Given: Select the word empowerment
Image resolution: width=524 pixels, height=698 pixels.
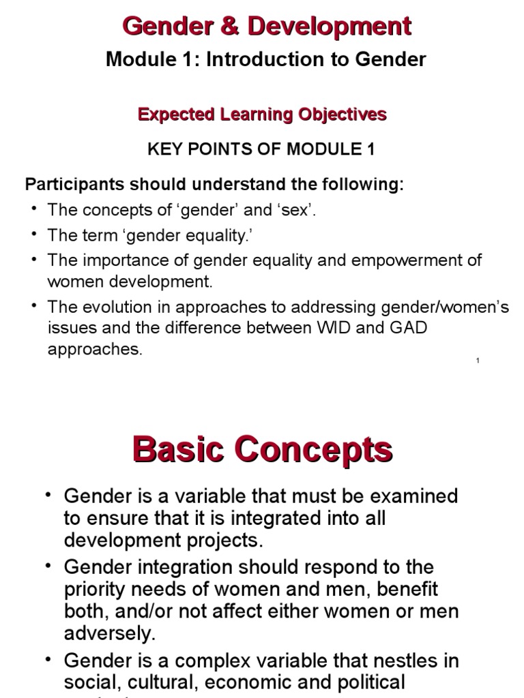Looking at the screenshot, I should coord(405,260).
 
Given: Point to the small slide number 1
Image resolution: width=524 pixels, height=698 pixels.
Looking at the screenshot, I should coord(477,361).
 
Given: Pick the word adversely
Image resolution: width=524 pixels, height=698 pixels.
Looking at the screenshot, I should coord(110,633).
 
